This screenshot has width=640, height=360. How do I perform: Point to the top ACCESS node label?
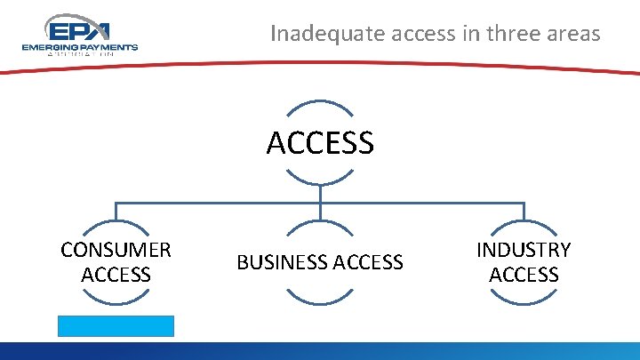tap(320, 142)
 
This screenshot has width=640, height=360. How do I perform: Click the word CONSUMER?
tap(116, 250)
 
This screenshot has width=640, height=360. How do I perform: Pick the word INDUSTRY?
tap(524, 250)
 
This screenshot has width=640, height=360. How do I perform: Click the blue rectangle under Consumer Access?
tap(116, 325)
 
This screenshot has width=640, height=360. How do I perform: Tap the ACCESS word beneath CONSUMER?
tap(116, 275)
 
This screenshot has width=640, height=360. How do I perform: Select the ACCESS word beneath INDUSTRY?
tap(524, 275)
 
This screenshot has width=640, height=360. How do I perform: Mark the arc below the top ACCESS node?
tap(320, 182)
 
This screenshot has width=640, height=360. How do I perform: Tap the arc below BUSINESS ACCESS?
tap(320, 302)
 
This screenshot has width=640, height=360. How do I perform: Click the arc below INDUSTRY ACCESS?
tap(524, 302)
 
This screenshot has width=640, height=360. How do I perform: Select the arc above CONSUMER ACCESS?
tap(116, 222)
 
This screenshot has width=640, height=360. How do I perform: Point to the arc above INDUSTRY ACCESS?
tap(524, 222)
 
